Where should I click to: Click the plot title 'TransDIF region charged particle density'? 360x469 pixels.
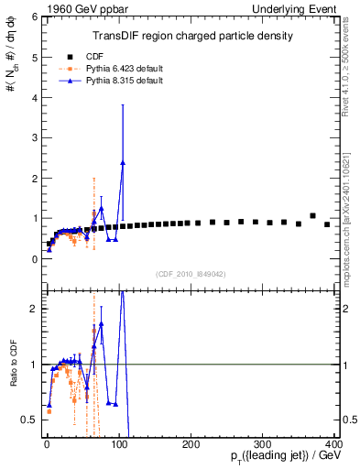pos(191,37)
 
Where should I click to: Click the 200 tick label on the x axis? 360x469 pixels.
pos(191,445)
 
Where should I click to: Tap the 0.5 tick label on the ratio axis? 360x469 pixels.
pos(29,420)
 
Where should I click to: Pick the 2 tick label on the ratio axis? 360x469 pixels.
pos(34,309)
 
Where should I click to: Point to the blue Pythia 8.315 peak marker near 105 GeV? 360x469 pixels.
pos(123,163)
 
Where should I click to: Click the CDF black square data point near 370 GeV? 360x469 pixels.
pos(312,216)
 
